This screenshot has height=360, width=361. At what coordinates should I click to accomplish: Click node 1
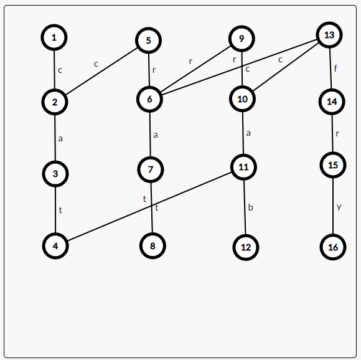tap(54, 37)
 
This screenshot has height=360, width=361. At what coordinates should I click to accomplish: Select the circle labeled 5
tap(149, 40)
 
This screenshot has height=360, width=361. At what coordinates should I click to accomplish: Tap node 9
tap(241, 39)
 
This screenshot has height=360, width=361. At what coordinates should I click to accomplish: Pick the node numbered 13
tap(329, 35)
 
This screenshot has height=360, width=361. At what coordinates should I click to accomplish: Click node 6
tap(149, 99)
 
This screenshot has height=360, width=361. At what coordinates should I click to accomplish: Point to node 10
tap(243, 99)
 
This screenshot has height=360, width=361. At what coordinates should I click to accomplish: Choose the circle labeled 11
tap(243, 167)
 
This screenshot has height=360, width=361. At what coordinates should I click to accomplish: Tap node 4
tap(55, 246)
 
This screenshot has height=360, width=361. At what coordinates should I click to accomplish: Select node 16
tap(333, 247)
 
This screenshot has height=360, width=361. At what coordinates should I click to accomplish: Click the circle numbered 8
tap(152, 246)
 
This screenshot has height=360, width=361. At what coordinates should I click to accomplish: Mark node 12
tap(246, 247)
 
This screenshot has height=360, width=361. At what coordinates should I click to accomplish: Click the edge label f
tap(335, 68)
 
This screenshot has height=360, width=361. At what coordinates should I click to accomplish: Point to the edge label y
tap(339, 207)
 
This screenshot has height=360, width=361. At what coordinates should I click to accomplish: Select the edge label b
tap(250, 207)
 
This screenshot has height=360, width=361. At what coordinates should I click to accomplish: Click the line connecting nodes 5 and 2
tap(101, 71)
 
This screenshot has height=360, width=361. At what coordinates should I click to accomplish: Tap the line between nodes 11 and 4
tap(149, 206)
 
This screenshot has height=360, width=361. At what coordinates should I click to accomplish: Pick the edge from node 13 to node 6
tap(239, 67)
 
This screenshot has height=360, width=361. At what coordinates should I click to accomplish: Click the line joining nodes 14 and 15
tap(332, 133)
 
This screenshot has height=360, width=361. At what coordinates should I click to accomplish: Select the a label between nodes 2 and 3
tap(60, 139)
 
